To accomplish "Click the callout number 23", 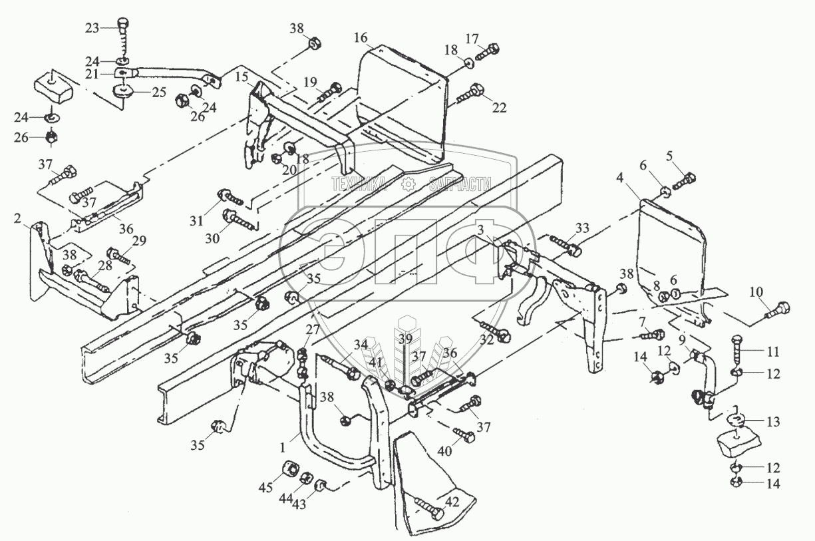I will tap(92, 27).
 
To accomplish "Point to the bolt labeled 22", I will tap(475, 91).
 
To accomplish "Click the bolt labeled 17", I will tap(492, 49).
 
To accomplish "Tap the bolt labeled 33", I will tap(573, 250).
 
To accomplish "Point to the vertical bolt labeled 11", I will tap(738, 349).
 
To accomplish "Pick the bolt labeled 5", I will tap(686, 179).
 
